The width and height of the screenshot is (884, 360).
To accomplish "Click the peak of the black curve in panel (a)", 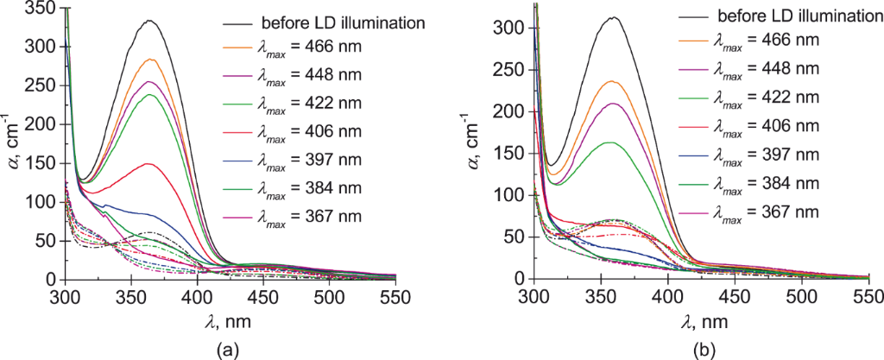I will click(x=149, y=21).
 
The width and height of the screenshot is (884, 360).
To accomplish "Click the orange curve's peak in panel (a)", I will click(x=150, y=60).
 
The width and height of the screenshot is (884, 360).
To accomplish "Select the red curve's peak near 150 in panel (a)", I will click(x=148, y=163).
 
